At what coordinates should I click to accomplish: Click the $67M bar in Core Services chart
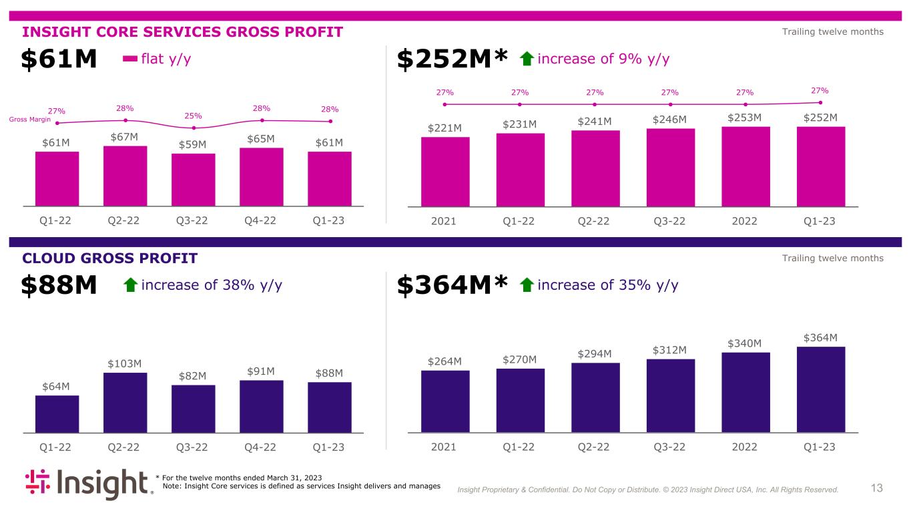click(x=125, y=176)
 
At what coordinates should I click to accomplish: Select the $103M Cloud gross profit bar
click(x=125, y=403)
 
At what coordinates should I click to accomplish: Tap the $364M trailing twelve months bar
click(x=820, y=389)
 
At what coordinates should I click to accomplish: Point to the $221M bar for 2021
click(x=445, y=172)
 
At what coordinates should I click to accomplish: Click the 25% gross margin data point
click(x=194, y=128)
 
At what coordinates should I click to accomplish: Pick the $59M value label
click(x=193, y=144)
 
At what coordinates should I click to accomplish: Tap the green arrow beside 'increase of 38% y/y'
click(x=131, y=286)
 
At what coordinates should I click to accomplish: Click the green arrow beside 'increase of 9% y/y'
click(x=527, y=59)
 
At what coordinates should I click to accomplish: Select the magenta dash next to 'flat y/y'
click(x=130, y=59)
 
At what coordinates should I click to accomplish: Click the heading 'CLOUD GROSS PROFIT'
click(x=110, y=259)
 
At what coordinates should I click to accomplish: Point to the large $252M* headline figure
click(x=453, y=59)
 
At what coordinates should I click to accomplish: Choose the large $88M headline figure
click(x=59, y=286)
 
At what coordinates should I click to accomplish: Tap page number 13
click(x=877, y=489)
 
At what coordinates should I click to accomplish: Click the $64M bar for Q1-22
click(x=57, y=414)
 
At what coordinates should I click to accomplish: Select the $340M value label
click(x=745, y=343)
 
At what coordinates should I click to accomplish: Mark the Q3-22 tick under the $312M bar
click(x=671, y=447)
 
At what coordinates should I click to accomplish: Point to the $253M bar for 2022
click(x=745, y=166)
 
